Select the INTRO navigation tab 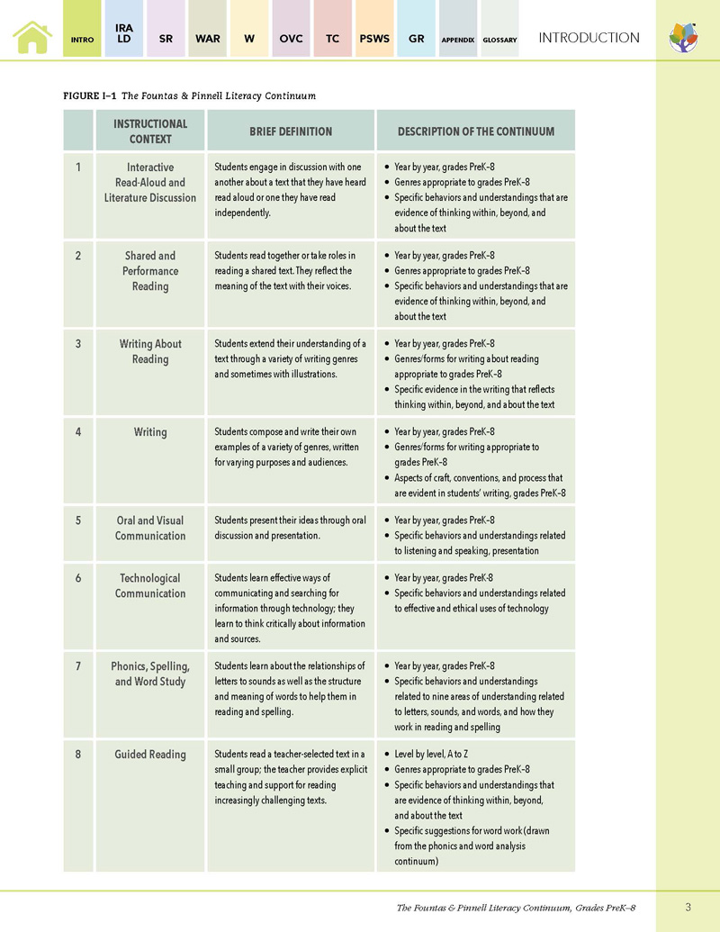[82, 40]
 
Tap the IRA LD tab [124, 34]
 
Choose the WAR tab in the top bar [207, 39]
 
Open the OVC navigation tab [291, 39]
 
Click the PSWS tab [374, 39]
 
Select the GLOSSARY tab [499, 40]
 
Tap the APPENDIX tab [457, 40]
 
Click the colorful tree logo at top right [683, 38]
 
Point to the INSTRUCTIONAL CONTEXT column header [150, 131]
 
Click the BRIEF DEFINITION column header [291, 131]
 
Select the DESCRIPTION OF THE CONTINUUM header [475, 131]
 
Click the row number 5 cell [78, 520]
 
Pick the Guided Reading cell [150, 755]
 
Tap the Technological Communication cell [150, 585]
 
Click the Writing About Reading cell [150, 351]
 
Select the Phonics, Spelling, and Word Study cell [150, 674]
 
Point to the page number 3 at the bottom [687, 906]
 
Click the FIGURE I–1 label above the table [89, 95]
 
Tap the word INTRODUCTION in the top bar [589, 38]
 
